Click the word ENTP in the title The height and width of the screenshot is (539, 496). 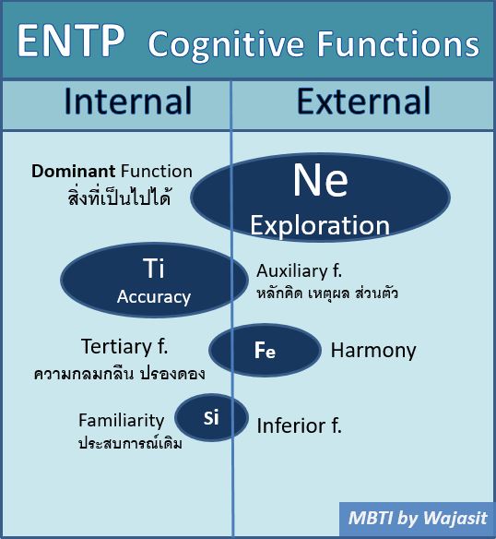coord(71,41)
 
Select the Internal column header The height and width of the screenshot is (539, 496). coord(128,101)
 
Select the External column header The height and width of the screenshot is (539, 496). coord(363,101)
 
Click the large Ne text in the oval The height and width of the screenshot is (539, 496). coord(321,180)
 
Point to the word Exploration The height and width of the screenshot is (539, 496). coord(320,226)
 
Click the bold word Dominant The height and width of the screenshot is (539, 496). coord(73,171)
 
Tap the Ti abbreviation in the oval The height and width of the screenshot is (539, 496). coord(154,269)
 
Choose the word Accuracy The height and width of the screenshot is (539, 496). coord(154,296)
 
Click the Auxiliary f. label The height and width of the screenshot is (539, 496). coord(300,270)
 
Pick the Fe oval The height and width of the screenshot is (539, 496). coord(265,350)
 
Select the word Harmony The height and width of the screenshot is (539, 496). coord(373,351)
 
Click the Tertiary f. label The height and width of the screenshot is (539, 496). coord(124,346)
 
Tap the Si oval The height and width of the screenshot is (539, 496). coord(211,418)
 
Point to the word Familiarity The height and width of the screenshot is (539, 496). coord(122,421)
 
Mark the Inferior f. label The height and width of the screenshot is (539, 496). coord(300,425)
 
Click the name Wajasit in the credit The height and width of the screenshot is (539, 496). coord(455,518)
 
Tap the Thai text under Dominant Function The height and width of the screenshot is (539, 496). coord(119,197)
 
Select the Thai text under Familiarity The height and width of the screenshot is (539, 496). coord(130,443)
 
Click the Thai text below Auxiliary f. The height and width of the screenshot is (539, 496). coord(327,293)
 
